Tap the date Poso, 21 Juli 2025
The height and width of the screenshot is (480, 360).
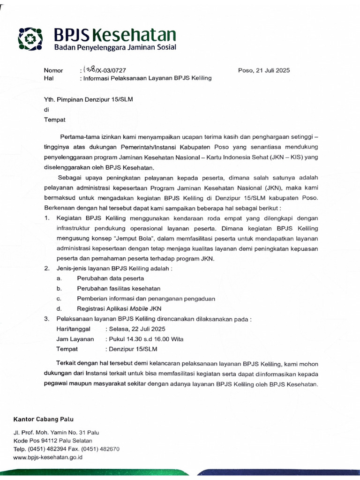coord(264,70)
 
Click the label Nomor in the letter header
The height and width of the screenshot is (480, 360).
coord(53,70)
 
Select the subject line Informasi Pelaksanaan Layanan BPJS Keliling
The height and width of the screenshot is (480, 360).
coord(147,78)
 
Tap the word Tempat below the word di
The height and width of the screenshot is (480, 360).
coord(55,120)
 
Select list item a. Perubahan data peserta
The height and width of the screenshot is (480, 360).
coord(111,278)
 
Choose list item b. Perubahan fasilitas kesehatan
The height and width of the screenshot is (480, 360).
coord(119,288)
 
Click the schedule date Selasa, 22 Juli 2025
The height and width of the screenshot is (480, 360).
coord(136,329)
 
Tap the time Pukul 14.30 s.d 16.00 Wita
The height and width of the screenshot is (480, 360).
coord(145,339)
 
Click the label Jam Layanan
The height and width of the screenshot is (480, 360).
coord(75,339)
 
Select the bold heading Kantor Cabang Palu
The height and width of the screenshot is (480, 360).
coord(44,419)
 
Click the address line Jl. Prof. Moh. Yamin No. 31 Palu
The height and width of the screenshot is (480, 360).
coord(56,433)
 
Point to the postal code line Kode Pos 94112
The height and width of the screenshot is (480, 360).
coord(53,441)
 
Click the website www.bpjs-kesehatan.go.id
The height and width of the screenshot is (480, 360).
coord(48,457)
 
